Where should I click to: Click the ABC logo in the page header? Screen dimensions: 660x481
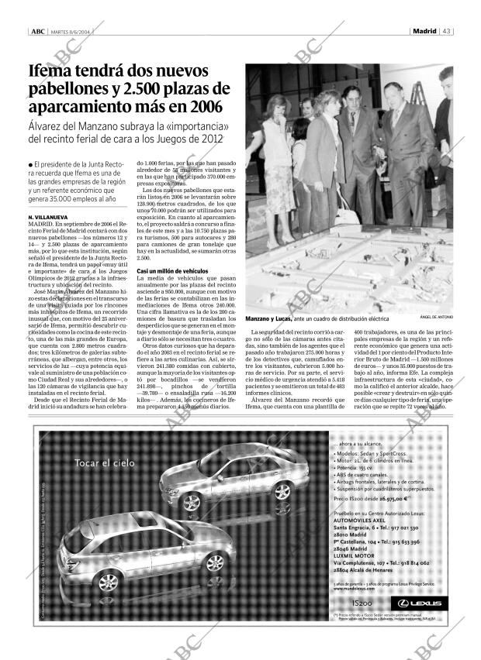click(37, 32)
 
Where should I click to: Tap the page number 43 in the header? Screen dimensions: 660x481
click(448, 32)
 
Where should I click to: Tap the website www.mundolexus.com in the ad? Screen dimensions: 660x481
click(352, 589)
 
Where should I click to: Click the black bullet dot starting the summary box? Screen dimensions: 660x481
click(29, 164)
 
